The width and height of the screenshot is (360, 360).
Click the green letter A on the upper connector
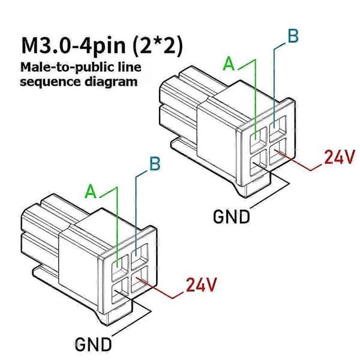pyautogui.click(x=229, y=64)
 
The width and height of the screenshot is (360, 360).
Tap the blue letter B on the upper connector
pyautogui.click(x=293, y=36)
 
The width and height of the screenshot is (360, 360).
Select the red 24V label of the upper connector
pyautogui.click(x=340, y=157)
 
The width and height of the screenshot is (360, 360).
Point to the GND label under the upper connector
pyautogui.click(x=231, y=217)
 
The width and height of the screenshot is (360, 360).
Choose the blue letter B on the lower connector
pyautogui.click(x=155, y=164)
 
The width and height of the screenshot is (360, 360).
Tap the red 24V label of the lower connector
pyautogui.click(x=202, y=284)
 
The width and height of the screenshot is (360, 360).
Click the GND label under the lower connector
pyautogui.click(x=93, y=344)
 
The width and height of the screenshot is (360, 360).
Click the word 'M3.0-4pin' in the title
pyautogui.click(x=74, y=46)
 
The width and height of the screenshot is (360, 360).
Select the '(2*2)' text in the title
pyautogui.click(x=158, y=46)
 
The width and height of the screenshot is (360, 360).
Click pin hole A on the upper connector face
pyautogui.click(x=258, y=140)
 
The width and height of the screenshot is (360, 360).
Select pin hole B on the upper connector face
pyautogui.click(x=278, y=128)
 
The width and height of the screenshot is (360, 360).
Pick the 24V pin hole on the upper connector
pyautogui.click(x=278, y=151)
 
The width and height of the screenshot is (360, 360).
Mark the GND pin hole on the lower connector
pyautogui.click(x=120, y=291)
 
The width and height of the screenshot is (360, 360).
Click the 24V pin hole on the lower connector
pyautogui.click(x=139, y=278)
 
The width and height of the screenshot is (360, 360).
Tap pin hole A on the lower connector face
pyautogui.click(x=120, y=268)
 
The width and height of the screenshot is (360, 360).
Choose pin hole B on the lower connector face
pyautogui.click(x=139, y=256)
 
